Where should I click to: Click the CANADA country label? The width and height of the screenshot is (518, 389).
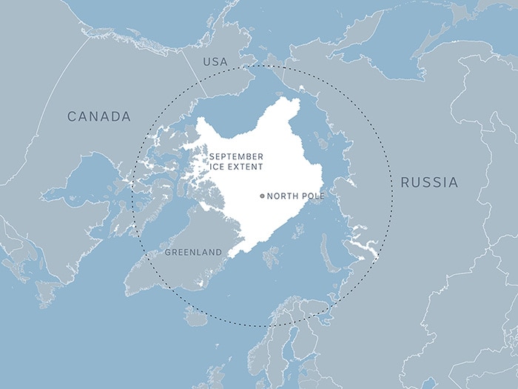pos(99,116)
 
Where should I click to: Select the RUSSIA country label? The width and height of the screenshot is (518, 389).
pos(429,182)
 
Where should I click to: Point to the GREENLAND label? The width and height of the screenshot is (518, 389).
pos(193,253)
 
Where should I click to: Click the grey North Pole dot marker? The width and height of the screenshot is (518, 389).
pos(262,196)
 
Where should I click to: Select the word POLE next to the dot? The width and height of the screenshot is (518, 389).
pos(311,196)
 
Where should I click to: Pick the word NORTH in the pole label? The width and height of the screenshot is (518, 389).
pos(281,196)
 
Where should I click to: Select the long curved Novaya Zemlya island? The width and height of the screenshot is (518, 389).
pos(326,252)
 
